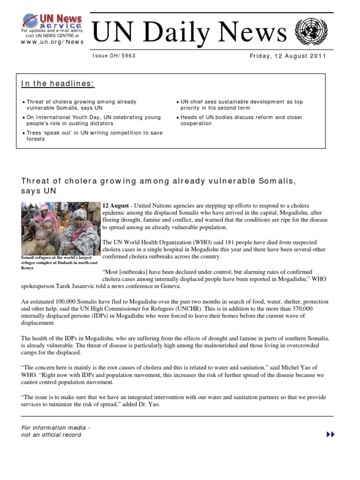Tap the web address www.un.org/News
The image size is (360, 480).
[52, 41]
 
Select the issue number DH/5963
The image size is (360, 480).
[114, 56]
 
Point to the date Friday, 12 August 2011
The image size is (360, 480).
[288, 56]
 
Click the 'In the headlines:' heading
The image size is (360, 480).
[58, 84]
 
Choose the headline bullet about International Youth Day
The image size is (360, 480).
[94, 120]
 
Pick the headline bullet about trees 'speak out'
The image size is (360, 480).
[94, 136]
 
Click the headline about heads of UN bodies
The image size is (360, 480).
[241, 120]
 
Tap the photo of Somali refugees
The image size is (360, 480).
[60, 228]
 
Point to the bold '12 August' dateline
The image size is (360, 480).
[115, 206]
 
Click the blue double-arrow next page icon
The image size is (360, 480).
[330, 435]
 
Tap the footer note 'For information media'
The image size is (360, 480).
[56, 427]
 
